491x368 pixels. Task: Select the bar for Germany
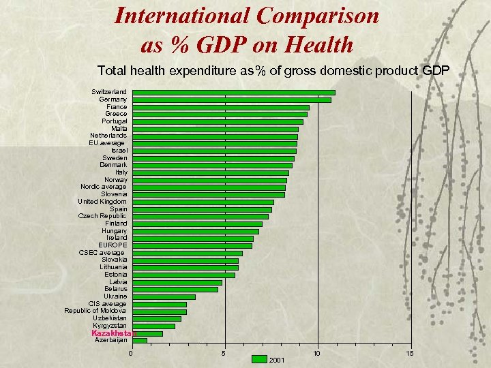point(231,99)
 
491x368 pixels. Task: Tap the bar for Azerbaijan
point(139,341)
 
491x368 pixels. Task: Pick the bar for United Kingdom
point(203,202)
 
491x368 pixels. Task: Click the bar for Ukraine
point(164,296)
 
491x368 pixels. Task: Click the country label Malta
point(119,129)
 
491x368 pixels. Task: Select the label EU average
point(106,143)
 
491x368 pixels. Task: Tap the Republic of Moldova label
point(95,311)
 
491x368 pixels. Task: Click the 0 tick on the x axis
point(131,353)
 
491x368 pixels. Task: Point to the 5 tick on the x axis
point(224,353)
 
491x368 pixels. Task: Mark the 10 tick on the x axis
point(316,353)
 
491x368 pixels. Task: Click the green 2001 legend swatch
point(259,359)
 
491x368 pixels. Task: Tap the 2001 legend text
point(278,359)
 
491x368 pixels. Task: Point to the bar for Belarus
point(175,290)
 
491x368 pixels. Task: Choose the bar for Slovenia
point(208,195)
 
